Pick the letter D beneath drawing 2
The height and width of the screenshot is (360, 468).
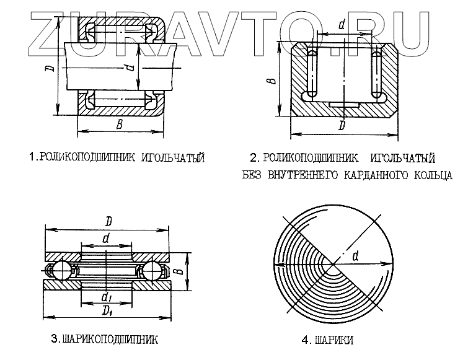342,126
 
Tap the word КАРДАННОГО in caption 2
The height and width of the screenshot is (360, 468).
369,175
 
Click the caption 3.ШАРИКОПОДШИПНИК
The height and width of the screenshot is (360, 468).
105,340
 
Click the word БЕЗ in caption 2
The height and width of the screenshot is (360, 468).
253,175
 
